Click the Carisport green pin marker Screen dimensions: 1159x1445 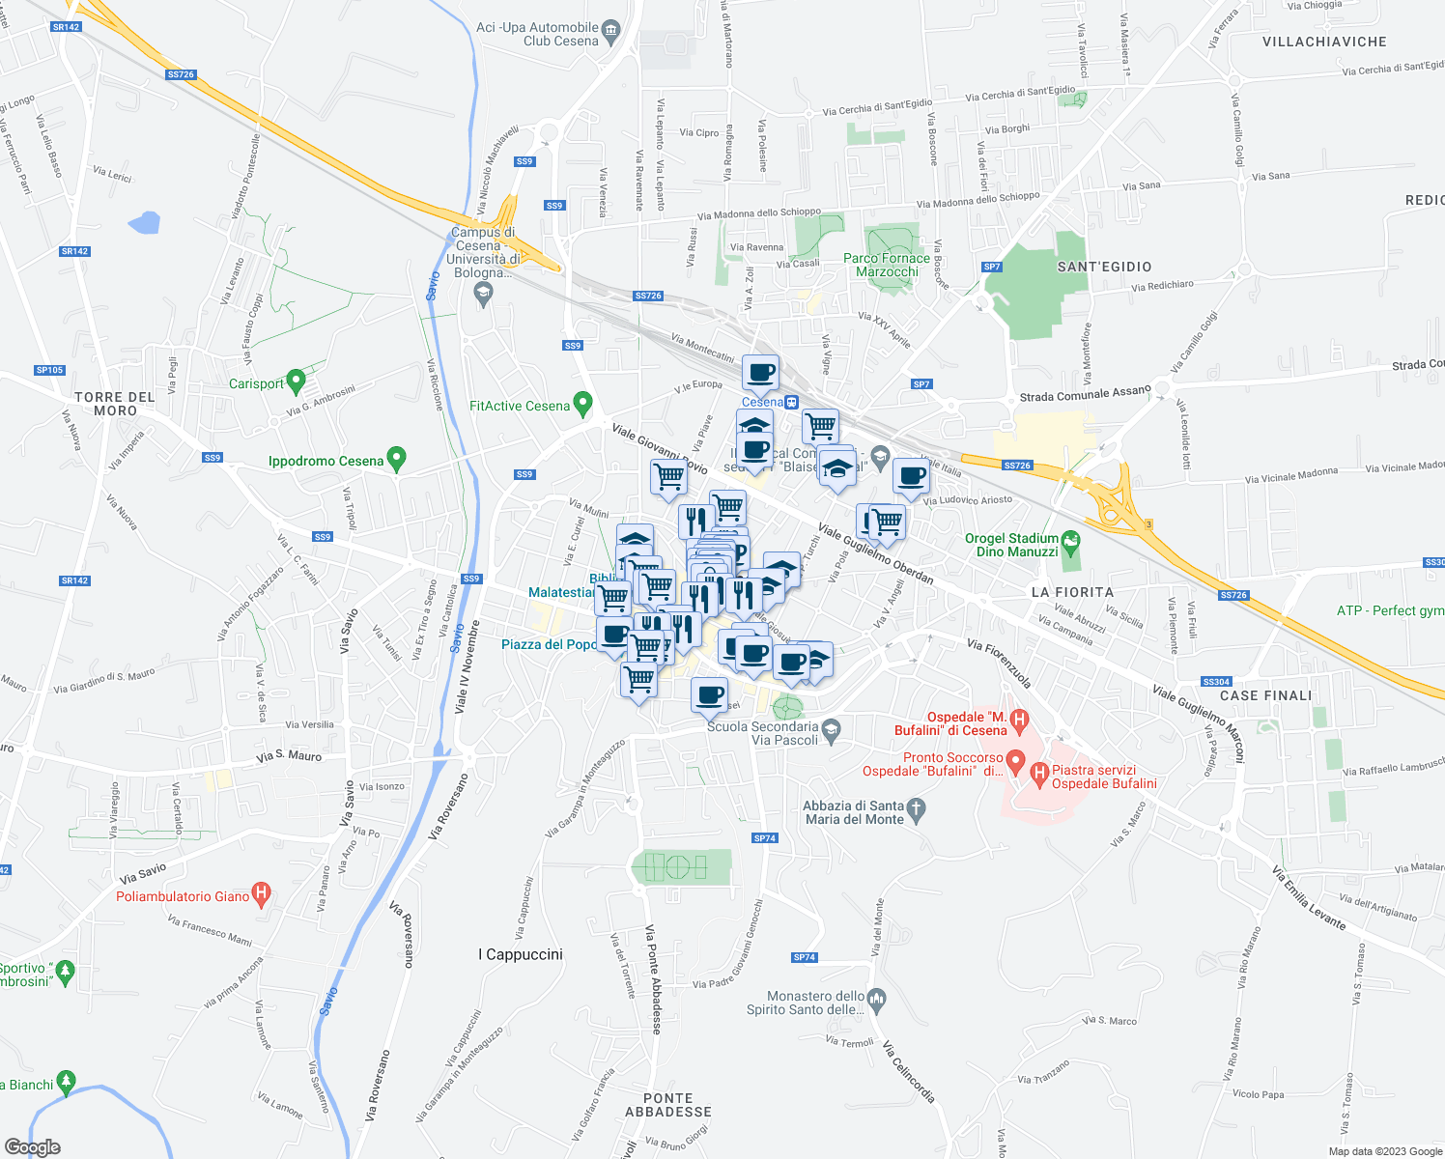(x=297, y=382)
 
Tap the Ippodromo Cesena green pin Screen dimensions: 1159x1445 (x=396, y=459)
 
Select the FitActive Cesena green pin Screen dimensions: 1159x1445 (x=581, y=404)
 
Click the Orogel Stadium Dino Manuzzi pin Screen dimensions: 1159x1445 (x=1070, y=543)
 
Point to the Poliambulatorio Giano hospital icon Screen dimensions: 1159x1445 (x=260, y=894)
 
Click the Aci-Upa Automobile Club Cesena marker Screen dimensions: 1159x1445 (x=610, y=32)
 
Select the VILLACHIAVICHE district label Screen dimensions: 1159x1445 (x=1324, y=42)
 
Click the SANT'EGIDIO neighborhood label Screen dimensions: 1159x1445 (x=1104, y=267)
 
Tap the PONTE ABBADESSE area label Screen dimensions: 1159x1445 (x=667, y=1105)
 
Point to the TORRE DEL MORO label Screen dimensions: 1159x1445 (x=115, y=404)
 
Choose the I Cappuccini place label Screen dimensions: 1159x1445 (x=521, y=954)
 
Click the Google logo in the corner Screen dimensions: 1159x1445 (x=33, y=1146)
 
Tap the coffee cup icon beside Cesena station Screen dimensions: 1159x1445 (x=760, y=372)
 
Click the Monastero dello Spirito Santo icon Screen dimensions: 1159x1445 (x=876, y=999)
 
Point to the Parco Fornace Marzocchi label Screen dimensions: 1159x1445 (x=887, y=265)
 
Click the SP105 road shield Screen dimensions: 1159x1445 (x=49, y=370)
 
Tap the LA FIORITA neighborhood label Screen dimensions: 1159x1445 (x=1072, y=592)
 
